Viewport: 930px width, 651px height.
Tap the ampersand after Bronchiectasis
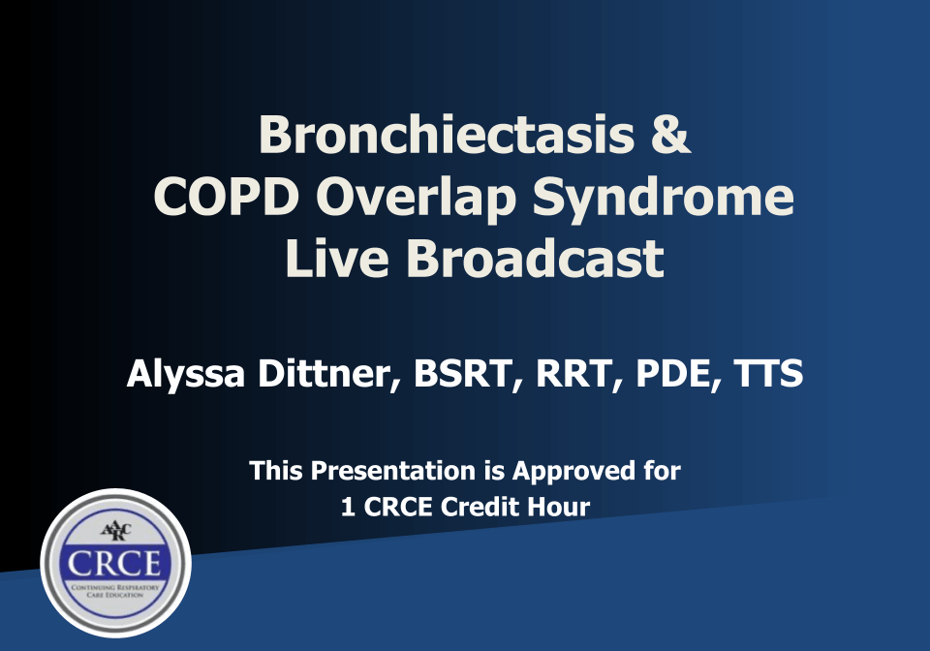[x=669, y=136]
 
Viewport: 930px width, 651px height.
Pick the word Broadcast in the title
[x=536, y=258]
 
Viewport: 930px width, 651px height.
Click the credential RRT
[x=565, y=374]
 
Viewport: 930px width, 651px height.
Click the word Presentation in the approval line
[x=392, y=472]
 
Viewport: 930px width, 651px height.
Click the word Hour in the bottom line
[x=560, y=507]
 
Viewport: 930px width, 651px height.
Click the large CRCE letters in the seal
[x=115, y=563]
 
